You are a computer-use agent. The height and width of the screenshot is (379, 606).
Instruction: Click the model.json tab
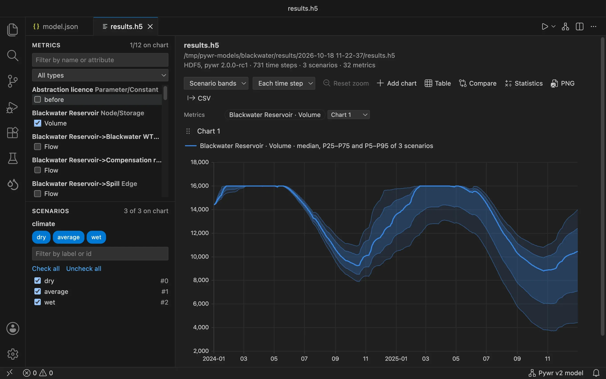point(56,27)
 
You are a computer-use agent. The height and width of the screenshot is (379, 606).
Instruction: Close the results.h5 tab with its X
point(150,27)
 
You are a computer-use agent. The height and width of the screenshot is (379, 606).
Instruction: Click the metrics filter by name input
point(100,60)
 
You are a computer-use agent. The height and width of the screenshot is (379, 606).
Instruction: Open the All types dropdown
point(100,75)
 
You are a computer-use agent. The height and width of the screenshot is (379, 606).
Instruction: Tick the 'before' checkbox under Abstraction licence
point(38,99)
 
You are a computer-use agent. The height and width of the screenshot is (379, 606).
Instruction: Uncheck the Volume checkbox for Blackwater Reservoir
point(38,123)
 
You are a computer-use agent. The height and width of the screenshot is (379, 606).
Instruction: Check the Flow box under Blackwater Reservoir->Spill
point(38,194)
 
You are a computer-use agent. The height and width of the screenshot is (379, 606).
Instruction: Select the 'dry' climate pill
point(41,237)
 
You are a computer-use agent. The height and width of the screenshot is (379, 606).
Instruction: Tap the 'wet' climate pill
point(96,237)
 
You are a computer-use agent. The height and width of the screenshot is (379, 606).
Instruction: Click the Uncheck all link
point(84,268)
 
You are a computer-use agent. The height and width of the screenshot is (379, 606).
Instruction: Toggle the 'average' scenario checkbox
point(38,291)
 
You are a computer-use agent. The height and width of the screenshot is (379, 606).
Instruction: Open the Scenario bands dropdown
point(216,83)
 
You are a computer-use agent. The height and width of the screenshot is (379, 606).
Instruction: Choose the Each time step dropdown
point(284,83)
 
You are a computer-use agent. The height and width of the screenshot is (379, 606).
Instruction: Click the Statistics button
point(524,83)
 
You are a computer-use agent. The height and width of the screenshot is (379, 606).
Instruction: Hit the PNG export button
point(562,83)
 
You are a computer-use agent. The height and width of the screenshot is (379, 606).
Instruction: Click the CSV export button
point(199,98)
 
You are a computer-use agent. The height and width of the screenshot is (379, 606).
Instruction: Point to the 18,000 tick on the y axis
point(200,162)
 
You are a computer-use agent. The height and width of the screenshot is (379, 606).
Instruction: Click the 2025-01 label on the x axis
point(396,359)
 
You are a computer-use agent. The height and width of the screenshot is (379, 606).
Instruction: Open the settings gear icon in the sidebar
point(13,354)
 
